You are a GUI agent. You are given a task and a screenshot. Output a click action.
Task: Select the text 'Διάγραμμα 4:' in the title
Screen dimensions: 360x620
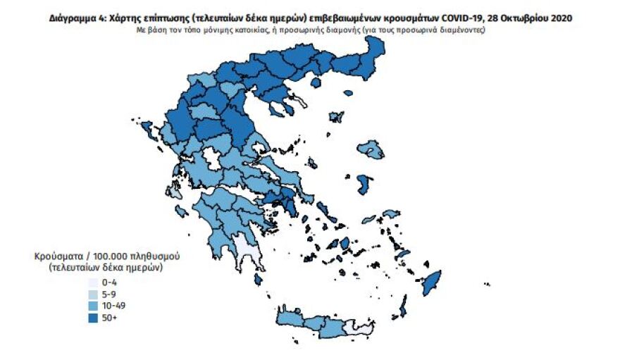coord(75,17)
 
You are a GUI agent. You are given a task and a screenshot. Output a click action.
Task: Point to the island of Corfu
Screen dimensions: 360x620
coord(149,129)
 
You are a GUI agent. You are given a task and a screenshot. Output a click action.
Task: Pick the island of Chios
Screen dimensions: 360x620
coord(365,184)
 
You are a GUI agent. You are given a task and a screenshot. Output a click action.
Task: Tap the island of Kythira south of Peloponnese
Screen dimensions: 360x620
coord(260,280)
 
